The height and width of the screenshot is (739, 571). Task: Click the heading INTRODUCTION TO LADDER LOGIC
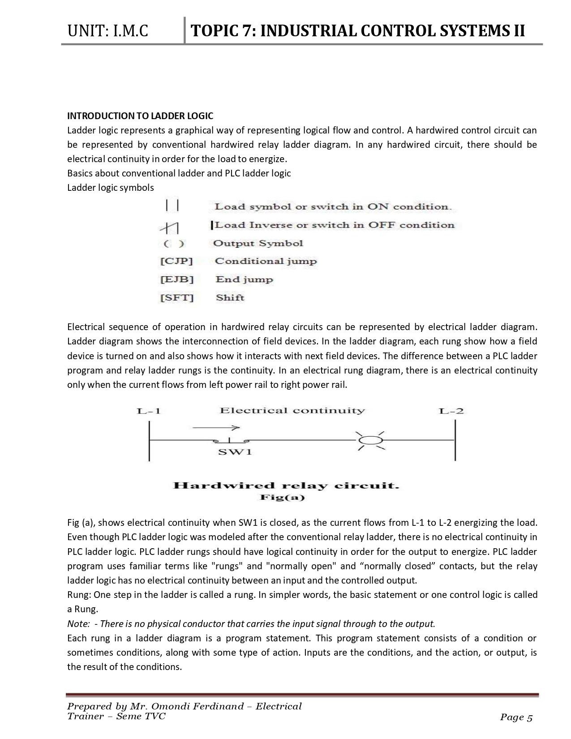tap(140, 116)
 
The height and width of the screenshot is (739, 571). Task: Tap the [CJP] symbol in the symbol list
tap(176, 261)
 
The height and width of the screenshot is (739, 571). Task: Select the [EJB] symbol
tap(177, 279)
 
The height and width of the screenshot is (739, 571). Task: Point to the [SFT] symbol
tap(177, 298)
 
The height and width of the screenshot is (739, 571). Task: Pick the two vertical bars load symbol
tap(172, 206)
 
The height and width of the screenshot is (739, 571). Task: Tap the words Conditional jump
tap(266, 261)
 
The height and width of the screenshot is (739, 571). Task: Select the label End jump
tap(244, 279)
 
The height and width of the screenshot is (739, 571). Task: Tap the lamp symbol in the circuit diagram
tap(370, 441)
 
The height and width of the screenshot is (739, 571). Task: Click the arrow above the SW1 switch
tap(216, 428)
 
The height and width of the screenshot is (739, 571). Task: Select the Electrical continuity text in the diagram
tap(292, 411)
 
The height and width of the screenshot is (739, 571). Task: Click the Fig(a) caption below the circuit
tap(282, 498)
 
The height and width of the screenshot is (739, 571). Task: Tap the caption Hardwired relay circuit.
tap(286, 486)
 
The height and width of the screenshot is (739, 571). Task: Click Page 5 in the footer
tap(516, 718)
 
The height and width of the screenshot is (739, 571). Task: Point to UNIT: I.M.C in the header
tap(107, 31)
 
